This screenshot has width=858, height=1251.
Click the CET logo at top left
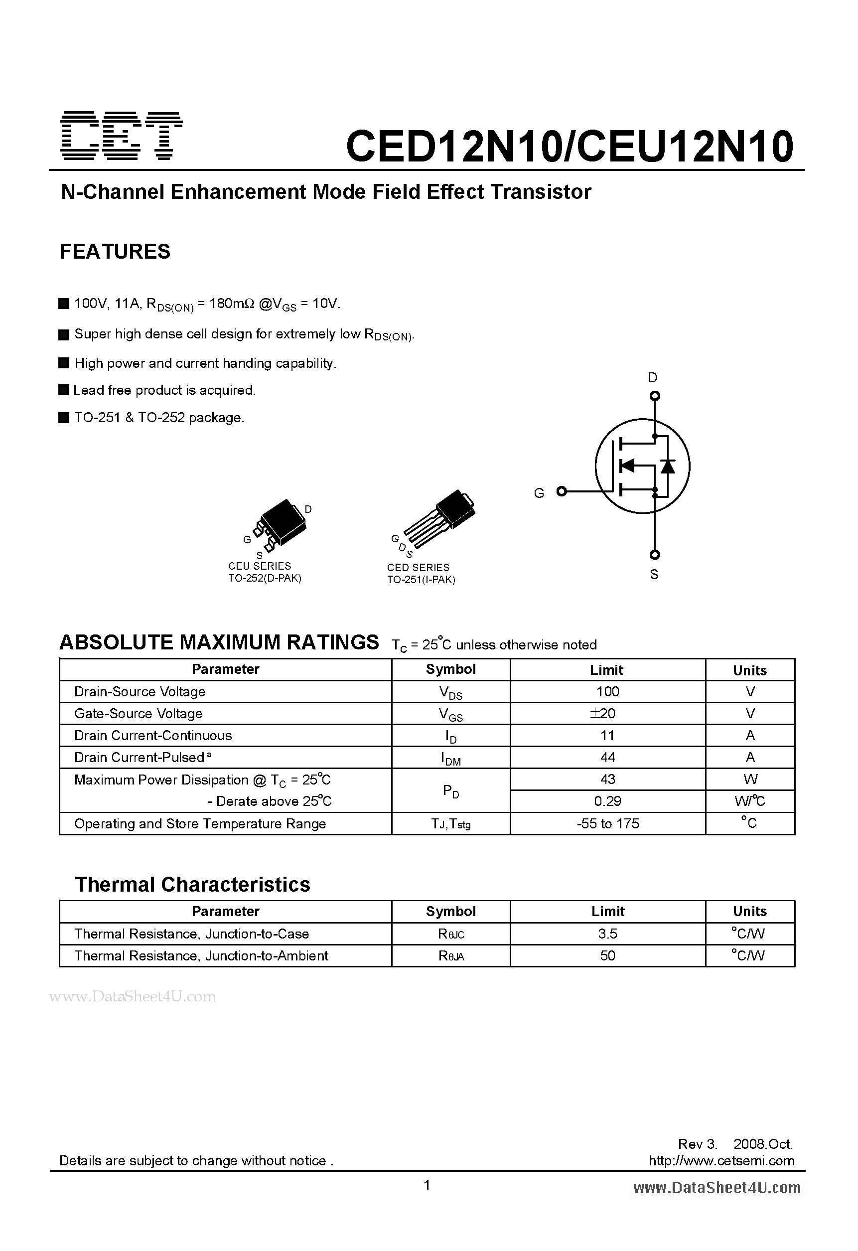[x=122, y=136]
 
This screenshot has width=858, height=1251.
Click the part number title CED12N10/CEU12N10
[x=570, y=147]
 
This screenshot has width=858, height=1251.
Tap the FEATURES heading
[x=115, y=251]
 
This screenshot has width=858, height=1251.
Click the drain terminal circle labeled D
[x=655, y=396]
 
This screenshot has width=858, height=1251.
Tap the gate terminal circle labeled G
[x=562, y=491]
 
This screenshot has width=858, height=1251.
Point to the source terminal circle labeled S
[x=655, y=554]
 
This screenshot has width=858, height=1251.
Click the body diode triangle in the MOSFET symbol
[x=668, y=466]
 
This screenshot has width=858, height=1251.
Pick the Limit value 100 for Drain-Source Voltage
[x=608, y=691]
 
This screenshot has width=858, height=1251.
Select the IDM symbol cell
[x=450, y=758]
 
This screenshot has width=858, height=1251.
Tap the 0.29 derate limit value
[x=608, y=801]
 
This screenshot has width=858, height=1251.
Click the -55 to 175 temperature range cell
[x=608, y=823]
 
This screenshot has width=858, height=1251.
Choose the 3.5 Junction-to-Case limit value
[x=608, y=934]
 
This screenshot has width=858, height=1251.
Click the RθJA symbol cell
[x=450, y=956]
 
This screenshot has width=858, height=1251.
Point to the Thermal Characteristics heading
[x=192, y=884]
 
